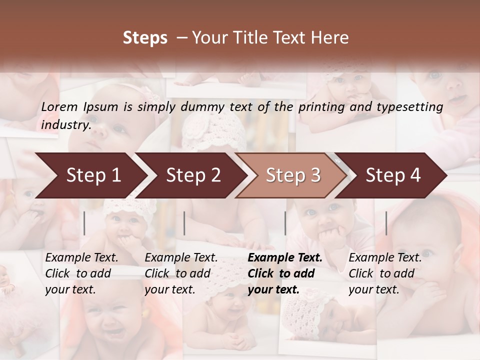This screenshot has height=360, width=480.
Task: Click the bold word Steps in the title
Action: [145, 38]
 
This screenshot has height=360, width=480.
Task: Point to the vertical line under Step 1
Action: [84, 223]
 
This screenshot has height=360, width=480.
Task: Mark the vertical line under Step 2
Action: [184, 223]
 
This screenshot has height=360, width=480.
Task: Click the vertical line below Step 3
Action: [285, 223]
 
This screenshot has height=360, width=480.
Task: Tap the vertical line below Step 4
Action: [386, 223]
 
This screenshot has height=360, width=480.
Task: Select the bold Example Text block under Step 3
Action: [285, 273]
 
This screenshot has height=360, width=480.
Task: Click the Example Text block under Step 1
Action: [81, 273]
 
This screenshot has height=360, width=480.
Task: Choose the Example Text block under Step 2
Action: [181, 273]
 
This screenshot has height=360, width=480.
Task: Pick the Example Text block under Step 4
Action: [385, 273]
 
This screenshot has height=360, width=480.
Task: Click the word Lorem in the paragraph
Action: [59, 107]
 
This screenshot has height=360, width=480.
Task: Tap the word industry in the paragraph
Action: [65, 125]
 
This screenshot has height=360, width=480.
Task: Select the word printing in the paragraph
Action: [321, 107]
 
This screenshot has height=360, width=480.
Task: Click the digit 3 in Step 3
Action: [315, 175]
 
